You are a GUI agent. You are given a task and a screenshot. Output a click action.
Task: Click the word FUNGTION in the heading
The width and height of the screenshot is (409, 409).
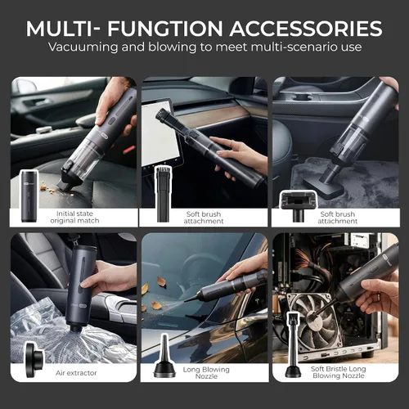tap(165, 29)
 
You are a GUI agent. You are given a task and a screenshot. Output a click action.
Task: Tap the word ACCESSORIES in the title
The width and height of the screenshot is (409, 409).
tap(306, 29)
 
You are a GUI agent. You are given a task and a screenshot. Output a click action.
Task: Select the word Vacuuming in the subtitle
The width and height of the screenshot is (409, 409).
tap(83, 47)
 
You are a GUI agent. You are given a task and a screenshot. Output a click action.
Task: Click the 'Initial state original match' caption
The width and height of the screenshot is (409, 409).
tap(74, 217)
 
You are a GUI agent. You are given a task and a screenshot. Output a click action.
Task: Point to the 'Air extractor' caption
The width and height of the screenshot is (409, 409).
tap(76, 373)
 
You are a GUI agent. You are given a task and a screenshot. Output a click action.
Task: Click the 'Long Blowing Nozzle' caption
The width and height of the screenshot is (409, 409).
tap(206, 373)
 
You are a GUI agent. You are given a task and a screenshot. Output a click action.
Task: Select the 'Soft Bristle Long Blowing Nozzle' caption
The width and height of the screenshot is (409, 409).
tap(339, 372)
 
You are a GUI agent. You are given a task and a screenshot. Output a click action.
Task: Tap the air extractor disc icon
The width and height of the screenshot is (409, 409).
tap(34, 360)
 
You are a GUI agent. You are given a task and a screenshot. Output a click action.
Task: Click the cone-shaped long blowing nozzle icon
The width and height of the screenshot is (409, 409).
tap(164, 357)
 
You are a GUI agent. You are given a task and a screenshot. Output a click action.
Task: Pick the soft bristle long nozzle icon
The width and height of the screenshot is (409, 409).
tap(293, 345)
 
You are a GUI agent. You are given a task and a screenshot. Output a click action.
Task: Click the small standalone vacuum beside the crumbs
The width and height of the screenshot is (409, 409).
tap(29, 196)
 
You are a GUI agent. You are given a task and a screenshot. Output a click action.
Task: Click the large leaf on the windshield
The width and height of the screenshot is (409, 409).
tap(161, 282)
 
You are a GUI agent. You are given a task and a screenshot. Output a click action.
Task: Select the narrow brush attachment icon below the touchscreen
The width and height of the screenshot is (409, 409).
tap(163, 194)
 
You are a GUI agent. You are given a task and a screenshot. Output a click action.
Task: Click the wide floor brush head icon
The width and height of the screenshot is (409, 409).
tap(299, 205)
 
